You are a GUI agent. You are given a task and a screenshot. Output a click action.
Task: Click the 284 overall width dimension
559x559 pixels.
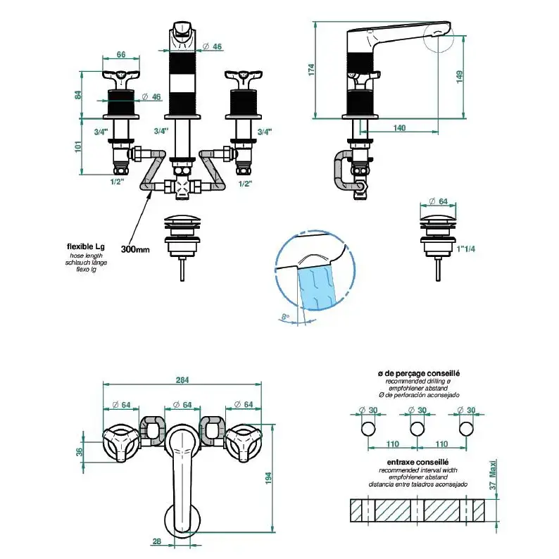(x=182, y=381)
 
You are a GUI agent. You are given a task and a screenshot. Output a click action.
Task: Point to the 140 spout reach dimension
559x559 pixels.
(x=400, y=128)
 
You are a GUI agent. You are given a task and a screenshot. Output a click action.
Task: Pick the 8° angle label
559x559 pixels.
(x=284, y=318)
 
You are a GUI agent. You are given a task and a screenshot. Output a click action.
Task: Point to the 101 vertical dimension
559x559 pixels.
(x=80, y=146)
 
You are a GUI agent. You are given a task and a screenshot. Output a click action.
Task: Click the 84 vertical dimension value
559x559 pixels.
(x=80, y=94)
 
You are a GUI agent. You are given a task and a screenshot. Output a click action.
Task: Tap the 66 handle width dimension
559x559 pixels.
(x=120, y=54)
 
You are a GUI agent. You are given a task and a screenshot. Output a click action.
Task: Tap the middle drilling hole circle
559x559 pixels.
(x=417, y=429)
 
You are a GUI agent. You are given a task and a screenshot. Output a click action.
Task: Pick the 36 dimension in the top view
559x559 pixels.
(x=80, y=452)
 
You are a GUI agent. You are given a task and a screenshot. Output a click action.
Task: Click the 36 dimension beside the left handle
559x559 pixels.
(x=80, y=452)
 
